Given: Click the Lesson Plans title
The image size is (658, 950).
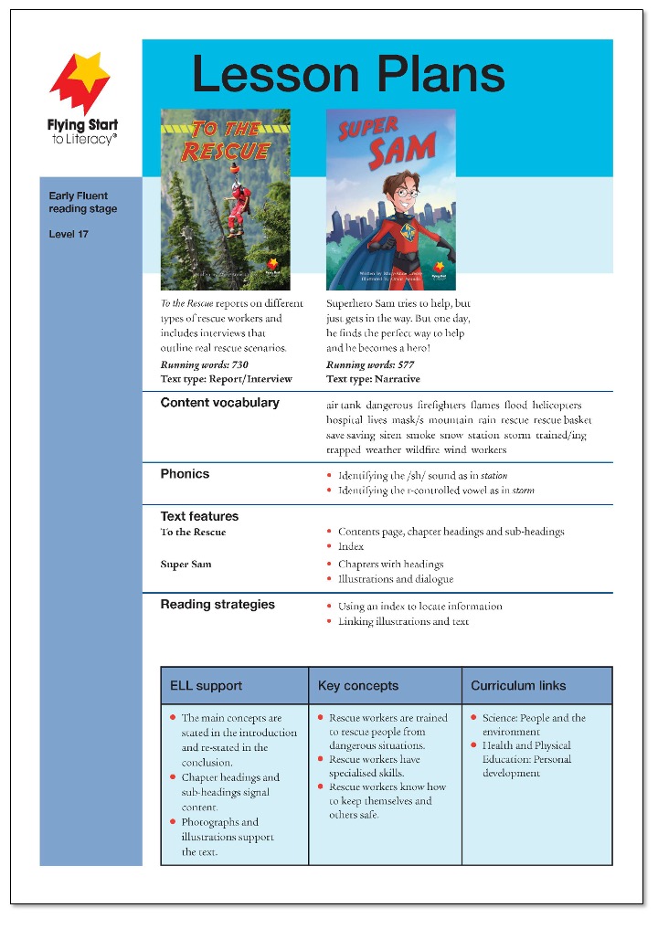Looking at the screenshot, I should coord(348,74).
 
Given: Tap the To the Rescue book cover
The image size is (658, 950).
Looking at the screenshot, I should coord(225,199).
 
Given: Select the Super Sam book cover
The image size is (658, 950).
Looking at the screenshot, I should coord(390,199).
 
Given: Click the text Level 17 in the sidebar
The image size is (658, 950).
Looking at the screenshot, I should coord(69,235).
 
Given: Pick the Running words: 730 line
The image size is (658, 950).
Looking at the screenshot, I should coord(204,364).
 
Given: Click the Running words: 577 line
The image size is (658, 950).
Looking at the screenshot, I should coord(369,364).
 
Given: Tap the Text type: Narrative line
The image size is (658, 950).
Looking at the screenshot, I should coord(373,379).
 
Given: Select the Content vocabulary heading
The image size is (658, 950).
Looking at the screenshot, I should coord(219,403).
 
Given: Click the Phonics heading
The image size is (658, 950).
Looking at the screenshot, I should coord(185,474).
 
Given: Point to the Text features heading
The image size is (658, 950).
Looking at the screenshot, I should coord(199,516).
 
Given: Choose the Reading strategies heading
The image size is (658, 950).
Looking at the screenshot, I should coord(218,604).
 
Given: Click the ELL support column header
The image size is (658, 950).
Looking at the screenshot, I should coord(207,686).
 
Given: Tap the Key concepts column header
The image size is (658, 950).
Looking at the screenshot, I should coord(358,686).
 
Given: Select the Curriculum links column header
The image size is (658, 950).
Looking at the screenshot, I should coord(518,686).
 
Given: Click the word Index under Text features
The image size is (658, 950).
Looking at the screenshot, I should coord(351,546).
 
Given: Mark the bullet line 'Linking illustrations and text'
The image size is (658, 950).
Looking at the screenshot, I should coord(403,621).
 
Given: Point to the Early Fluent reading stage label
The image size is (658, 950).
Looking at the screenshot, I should coord(83,203).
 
